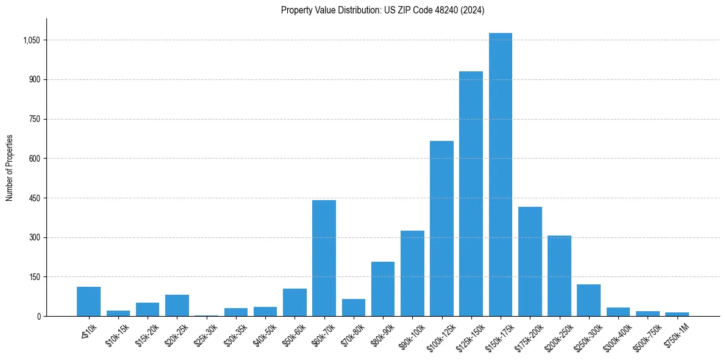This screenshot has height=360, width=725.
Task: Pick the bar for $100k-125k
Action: tap(441, 229)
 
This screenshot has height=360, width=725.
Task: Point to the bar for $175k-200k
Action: tap(530, 262)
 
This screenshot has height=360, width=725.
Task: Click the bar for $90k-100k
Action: tap(412, 273)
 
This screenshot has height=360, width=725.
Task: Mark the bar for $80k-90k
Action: tap(383, 289)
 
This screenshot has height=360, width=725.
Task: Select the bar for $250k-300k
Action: tap(588, 300)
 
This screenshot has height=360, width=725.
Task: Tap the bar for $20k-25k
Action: tap(177, 306)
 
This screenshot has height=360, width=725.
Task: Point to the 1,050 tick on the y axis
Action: tap(32, 40)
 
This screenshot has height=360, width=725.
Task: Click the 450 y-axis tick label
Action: tap(35, 198)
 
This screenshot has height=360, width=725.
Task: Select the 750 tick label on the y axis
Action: tap(35, 119)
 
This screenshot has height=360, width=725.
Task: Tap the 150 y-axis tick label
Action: tap(35, 277)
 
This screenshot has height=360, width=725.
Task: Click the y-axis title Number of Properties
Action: tap(9, 168)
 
